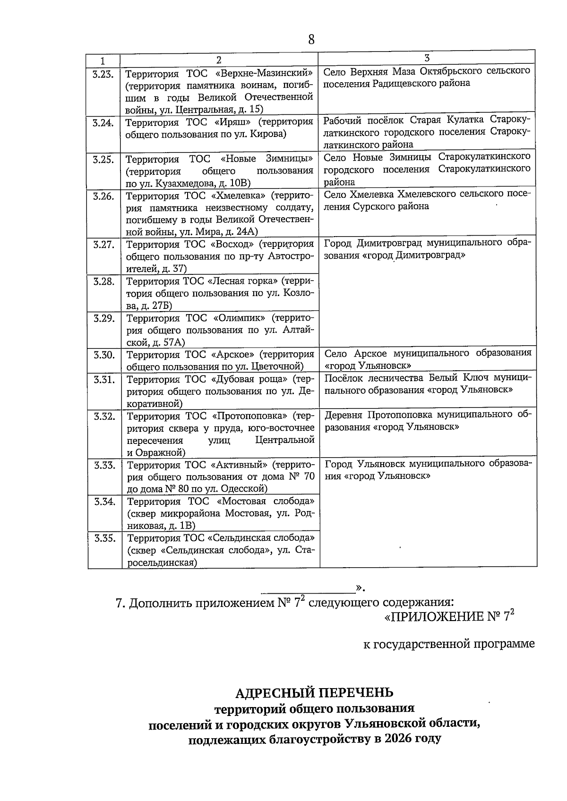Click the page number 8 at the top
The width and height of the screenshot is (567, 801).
pyautogui.click(x=311, y=39)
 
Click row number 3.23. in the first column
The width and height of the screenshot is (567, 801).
pyautogui.click(x=103, y=74)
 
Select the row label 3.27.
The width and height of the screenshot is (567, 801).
pyautogui.click(x=103, y=244)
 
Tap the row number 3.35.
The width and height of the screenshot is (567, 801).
pyautogui.click(x=104, y=538)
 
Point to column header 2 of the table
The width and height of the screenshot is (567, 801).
pyautogui.click(x=219, y=60)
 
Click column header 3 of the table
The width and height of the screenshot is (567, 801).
pyautogui.click(x=427, y=58)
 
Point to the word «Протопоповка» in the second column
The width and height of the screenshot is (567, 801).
pyautogui.click(x=250, y=416)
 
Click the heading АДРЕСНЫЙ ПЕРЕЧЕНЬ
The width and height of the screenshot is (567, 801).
pyautogui.click(x=314, y=693)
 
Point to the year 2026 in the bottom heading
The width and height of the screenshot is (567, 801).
pyautogui.click(x=398, y=739)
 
